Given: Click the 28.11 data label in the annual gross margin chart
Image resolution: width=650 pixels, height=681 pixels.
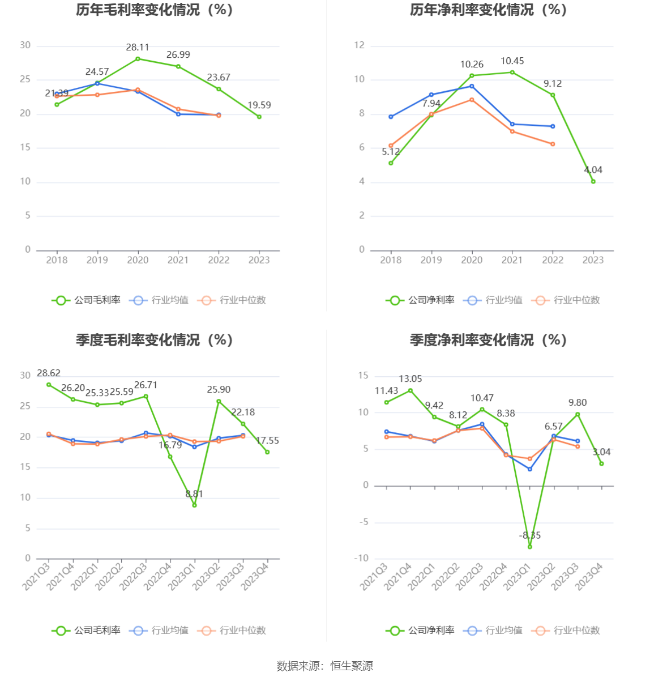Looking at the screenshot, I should click(x=138, y=48).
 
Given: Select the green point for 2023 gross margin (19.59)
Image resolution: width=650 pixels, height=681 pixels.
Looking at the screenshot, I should click(x=259, y=117).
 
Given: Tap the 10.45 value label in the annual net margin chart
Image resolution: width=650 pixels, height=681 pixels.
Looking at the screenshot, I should click(x=512, y=61).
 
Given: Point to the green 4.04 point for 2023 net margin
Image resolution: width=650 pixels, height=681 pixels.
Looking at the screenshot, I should click(x=593, y=181).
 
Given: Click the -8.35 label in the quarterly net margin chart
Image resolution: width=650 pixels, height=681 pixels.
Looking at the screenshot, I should click(x=530, y=535).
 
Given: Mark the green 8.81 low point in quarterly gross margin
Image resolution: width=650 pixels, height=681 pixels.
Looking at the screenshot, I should click(x=194, y=505).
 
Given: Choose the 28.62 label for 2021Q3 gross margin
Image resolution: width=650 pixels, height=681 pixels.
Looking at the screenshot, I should click(x=49, y=373).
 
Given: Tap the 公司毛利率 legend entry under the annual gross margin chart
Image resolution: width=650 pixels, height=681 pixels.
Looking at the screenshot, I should click(x=87, y=300).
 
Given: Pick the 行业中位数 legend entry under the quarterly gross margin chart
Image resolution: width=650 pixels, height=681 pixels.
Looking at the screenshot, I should click(x=233, y=631).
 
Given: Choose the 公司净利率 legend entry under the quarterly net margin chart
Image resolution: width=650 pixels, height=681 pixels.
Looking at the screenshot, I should click(x=421, y=631).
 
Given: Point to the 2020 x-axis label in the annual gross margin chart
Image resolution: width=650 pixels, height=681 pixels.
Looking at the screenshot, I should click(x=138, y=260).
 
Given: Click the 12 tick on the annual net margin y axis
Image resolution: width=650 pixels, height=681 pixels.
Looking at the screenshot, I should click(x=360, y=45).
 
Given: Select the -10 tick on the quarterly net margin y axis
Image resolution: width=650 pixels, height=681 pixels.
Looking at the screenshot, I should click(x=361, y=559).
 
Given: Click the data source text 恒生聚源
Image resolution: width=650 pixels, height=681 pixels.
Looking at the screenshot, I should click(x=352, y=666).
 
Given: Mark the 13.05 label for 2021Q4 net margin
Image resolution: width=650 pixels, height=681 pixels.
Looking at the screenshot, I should click(x=410, y=379).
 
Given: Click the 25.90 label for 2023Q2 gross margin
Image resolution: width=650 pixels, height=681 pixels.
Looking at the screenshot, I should click(x=219, y=390).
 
